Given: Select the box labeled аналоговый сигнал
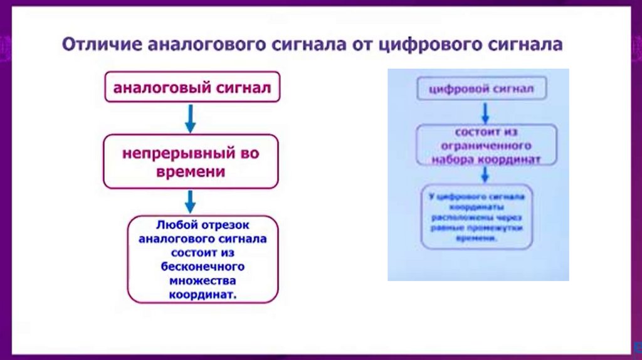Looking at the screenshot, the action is (192, 88).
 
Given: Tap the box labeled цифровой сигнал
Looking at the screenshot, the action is (481, 90).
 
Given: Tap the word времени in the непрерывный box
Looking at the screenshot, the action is (191, 171).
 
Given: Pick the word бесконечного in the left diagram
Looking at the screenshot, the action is (202, 267).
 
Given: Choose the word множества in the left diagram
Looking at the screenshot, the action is (202, 280).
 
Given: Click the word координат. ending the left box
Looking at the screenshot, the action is (203, 294).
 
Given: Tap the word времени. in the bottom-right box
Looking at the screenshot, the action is (480, 239).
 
